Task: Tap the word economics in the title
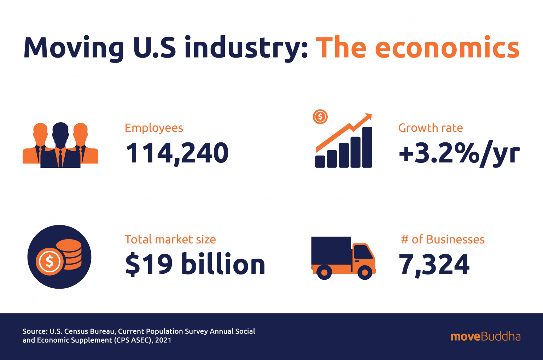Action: [x=447, y=48]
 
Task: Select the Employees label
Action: [x=154, y=128]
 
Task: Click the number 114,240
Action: [x=177, y=153]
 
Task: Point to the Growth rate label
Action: [x=430, y=128]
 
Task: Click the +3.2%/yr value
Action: [x=459, y=154]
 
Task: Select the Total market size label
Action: [x=170, y=240]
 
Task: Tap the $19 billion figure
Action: [x=195, y=264]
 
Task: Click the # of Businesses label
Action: [x=443, y=240]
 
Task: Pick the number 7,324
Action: [x=434, y=264]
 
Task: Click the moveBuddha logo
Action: [x=485, y=336]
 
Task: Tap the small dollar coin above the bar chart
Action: [x=320, y=117]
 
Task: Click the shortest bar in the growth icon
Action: [x=320, y=161]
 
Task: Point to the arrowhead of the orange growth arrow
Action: [x=368, y=116]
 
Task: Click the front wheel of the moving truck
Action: [x=365, y=272]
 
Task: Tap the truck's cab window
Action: [x=363, y=252]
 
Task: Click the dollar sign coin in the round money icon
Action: [x=49, y=262]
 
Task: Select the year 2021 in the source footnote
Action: [x=163, y=340]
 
